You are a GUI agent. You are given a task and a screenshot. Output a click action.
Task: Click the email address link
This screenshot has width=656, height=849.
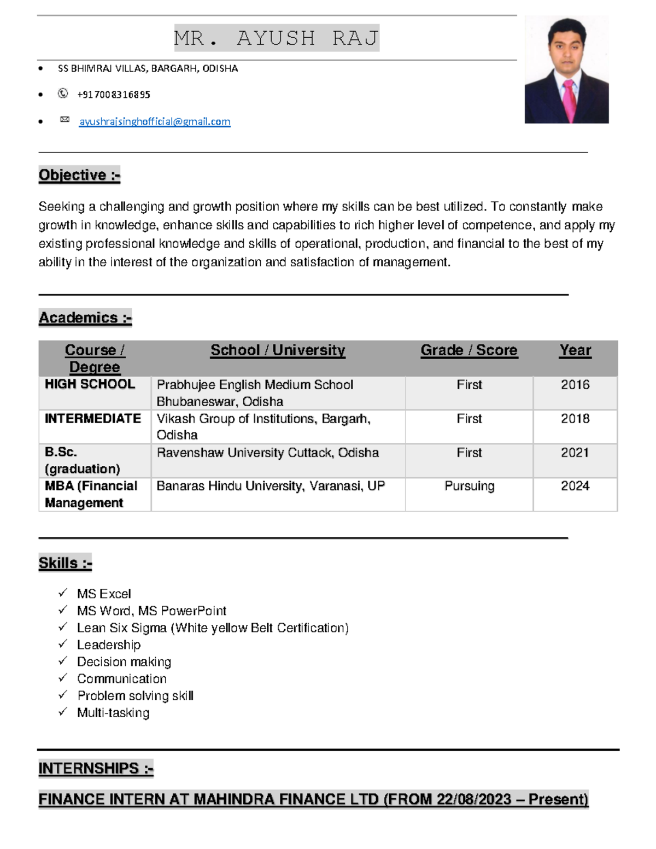coord(155,122)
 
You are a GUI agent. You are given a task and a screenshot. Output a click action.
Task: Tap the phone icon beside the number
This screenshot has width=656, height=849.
coord(63,94)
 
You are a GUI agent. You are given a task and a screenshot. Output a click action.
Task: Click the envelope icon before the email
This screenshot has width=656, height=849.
coord(65,120)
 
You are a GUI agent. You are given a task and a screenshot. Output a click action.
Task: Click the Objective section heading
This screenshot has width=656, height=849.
coord(79,175)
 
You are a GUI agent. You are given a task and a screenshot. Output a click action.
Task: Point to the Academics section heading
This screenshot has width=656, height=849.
coord(85,318)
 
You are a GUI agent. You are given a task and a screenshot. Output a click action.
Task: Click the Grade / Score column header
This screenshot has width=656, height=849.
coord(468,350)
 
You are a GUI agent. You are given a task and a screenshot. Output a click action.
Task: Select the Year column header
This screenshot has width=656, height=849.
coord(575,350)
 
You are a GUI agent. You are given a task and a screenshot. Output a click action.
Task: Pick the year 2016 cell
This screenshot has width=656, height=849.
coord(575,385)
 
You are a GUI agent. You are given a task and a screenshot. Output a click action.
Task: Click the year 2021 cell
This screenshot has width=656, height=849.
coord(575,453)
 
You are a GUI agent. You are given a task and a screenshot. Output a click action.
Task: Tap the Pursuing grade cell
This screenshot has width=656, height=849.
coord(469,486)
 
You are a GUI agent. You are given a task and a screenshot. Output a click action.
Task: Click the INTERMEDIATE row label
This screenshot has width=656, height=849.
coord(93,419)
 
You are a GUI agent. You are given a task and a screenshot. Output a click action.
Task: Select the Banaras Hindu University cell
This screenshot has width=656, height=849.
coord(271,486)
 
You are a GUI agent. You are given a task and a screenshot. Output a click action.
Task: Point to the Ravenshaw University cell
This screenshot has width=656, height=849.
coord(267,453)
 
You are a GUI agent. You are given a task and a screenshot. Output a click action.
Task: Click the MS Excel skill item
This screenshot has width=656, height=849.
coord(104,594)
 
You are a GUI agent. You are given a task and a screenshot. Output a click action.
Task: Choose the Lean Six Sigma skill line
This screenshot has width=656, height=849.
coord(213,628)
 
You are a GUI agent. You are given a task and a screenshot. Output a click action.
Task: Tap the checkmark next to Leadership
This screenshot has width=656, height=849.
coord(63,644)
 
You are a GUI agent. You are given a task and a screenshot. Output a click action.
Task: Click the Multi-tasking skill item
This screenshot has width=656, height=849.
coord(113,713)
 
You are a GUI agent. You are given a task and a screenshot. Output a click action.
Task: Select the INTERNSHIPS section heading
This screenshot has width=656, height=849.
coord(96,769)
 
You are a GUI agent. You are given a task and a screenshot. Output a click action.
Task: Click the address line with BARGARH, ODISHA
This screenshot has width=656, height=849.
coord(148,69)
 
